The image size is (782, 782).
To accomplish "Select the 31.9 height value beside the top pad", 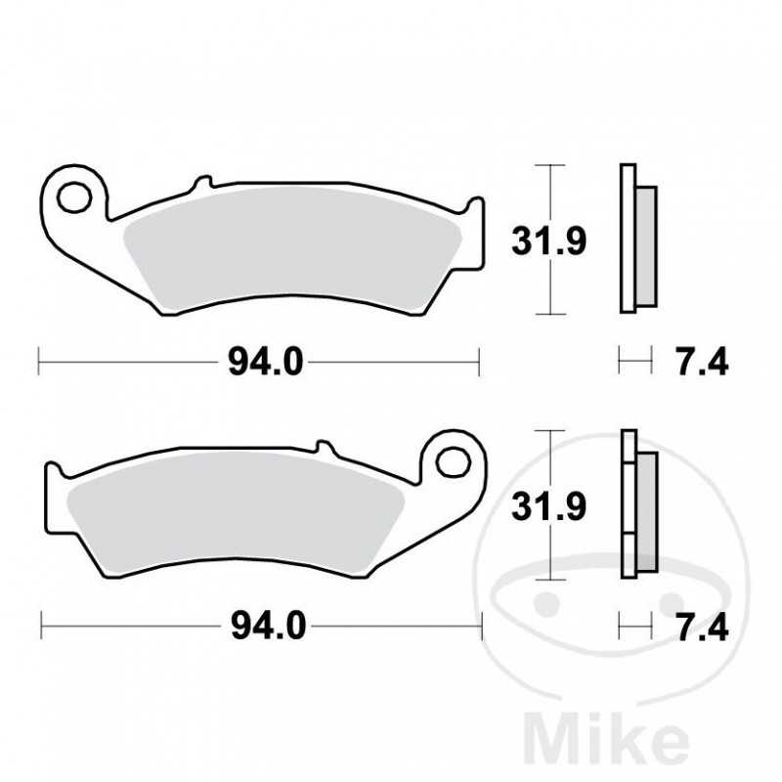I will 550,240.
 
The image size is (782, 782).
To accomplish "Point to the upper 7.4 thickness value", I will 702,363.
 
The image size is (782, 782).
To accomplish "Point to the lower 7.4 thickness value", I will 702,625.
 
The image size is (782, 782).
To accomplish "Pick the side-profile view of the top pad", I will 636,240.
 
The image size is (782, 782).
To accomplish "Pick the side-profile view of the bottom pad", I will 636,504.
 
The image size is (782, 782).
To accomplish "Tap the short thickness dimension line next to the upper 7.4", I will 634,364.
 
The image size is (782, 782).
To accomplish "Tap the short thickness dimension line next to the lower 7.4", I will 634,625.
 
